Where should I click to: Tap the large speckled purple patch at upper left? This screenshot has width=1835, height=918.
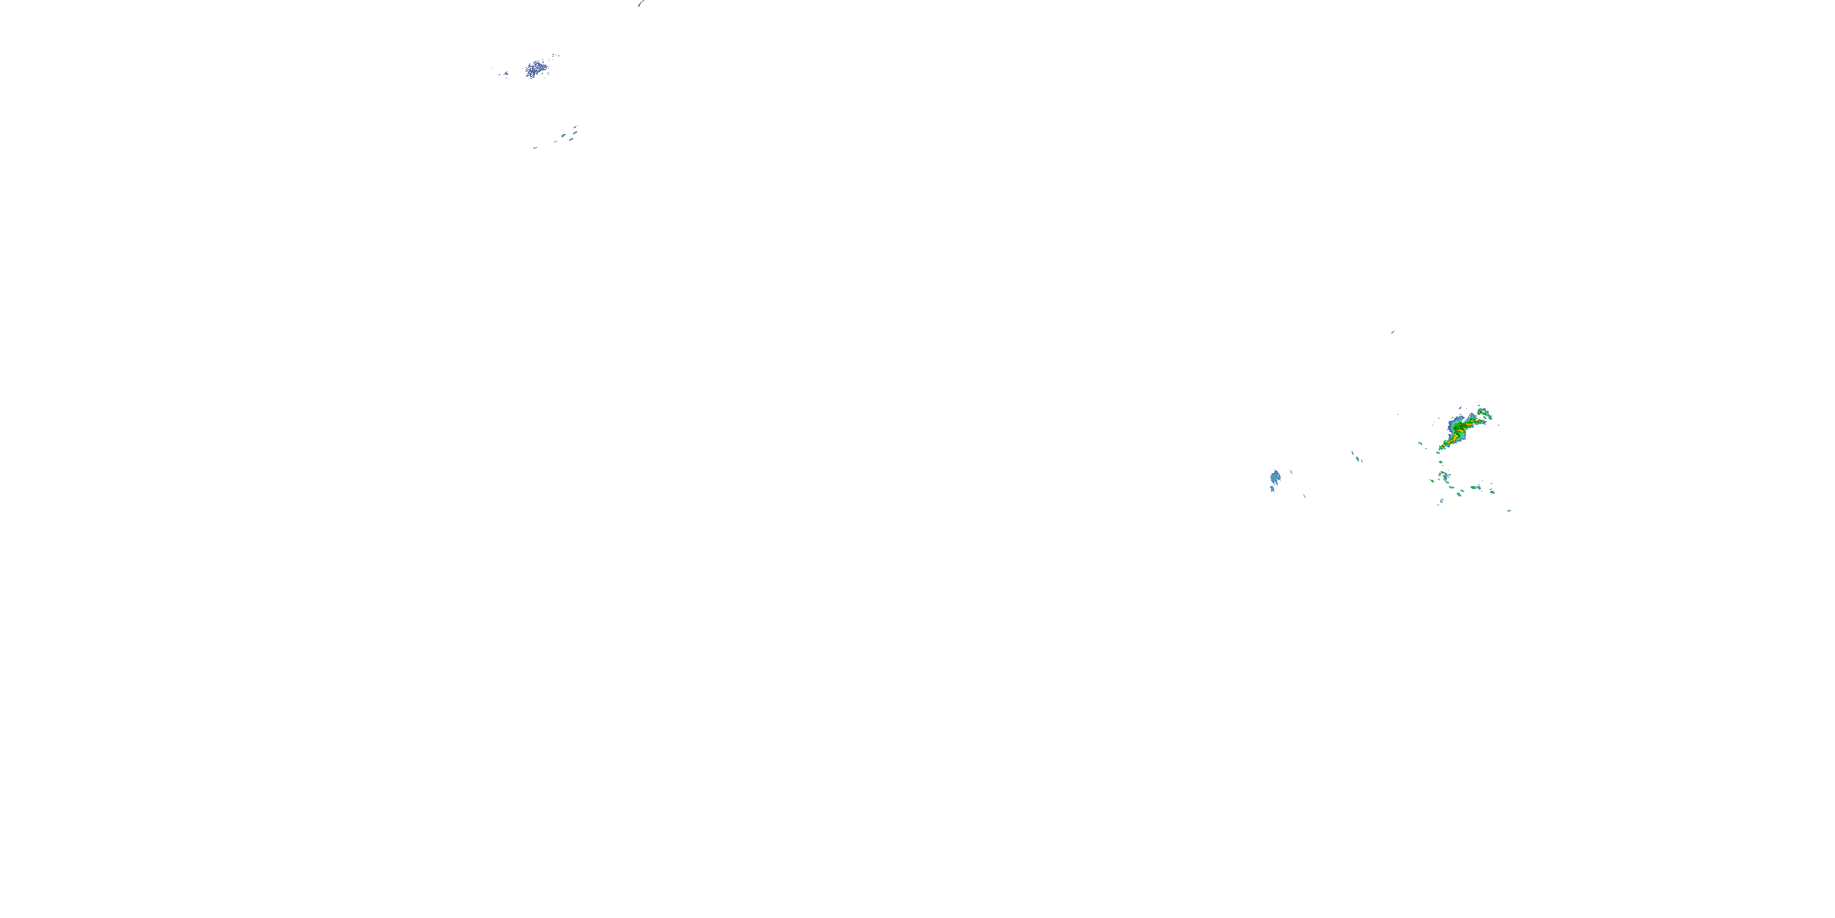[x=536, y=69]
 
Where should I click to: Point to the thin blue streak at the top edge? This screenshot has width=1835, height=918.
[x=641, y=4]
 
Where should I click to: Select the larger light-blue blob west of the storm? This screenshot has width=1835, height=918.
[x=1274, y=476]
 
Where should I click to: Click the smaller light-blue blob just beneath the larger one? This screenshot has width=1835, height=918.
[x=1272, y=489]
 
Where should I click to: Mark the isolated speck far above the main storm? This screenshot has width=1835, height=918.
[x=1393, y=332]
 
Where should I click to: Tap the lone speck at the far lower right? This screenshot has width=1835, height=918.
[x=1509, y=510]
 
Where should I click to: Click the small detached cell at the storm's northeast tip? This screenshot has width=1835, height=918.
[x=1484, y=412]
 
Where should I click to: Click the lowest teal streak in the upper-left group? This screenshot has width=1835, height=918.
[x=535, y=147]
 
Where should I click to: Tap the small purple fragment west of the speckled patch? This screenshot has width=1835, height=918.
[x=505, y=73]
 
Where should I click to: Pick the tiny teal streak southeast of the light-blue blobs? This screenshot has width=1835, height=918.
[x=1304, y=496]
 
